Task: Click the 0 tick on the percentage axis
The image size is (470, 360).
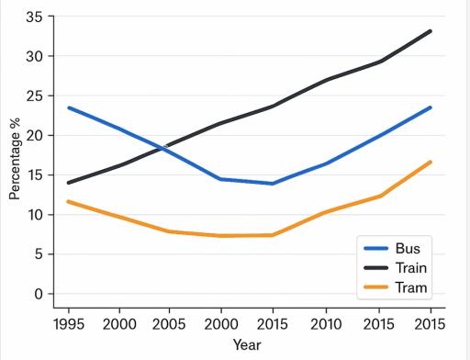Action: click(x=39, y=294)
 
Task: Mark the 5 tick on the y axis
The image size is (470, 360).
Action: click(x=39, y=254)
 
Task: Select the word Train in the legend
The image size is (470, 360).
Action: click(x=411, y=267)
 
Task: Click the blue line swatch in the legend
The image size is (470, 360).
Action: click(x=376, y=248)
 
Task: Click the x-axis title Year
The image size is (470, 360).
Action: click(x=247, y=344)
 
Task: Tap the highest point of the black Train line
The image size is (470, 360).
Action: click(x=431, y=31)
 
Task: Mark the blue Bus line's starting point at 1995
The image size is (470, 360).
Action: click(x=68, y=107)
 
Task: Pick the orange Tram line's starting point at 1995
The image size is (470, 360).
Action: click(x=68, y=201)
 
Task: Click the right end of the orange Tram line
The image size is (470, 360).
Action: click(x=431, y=163)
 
